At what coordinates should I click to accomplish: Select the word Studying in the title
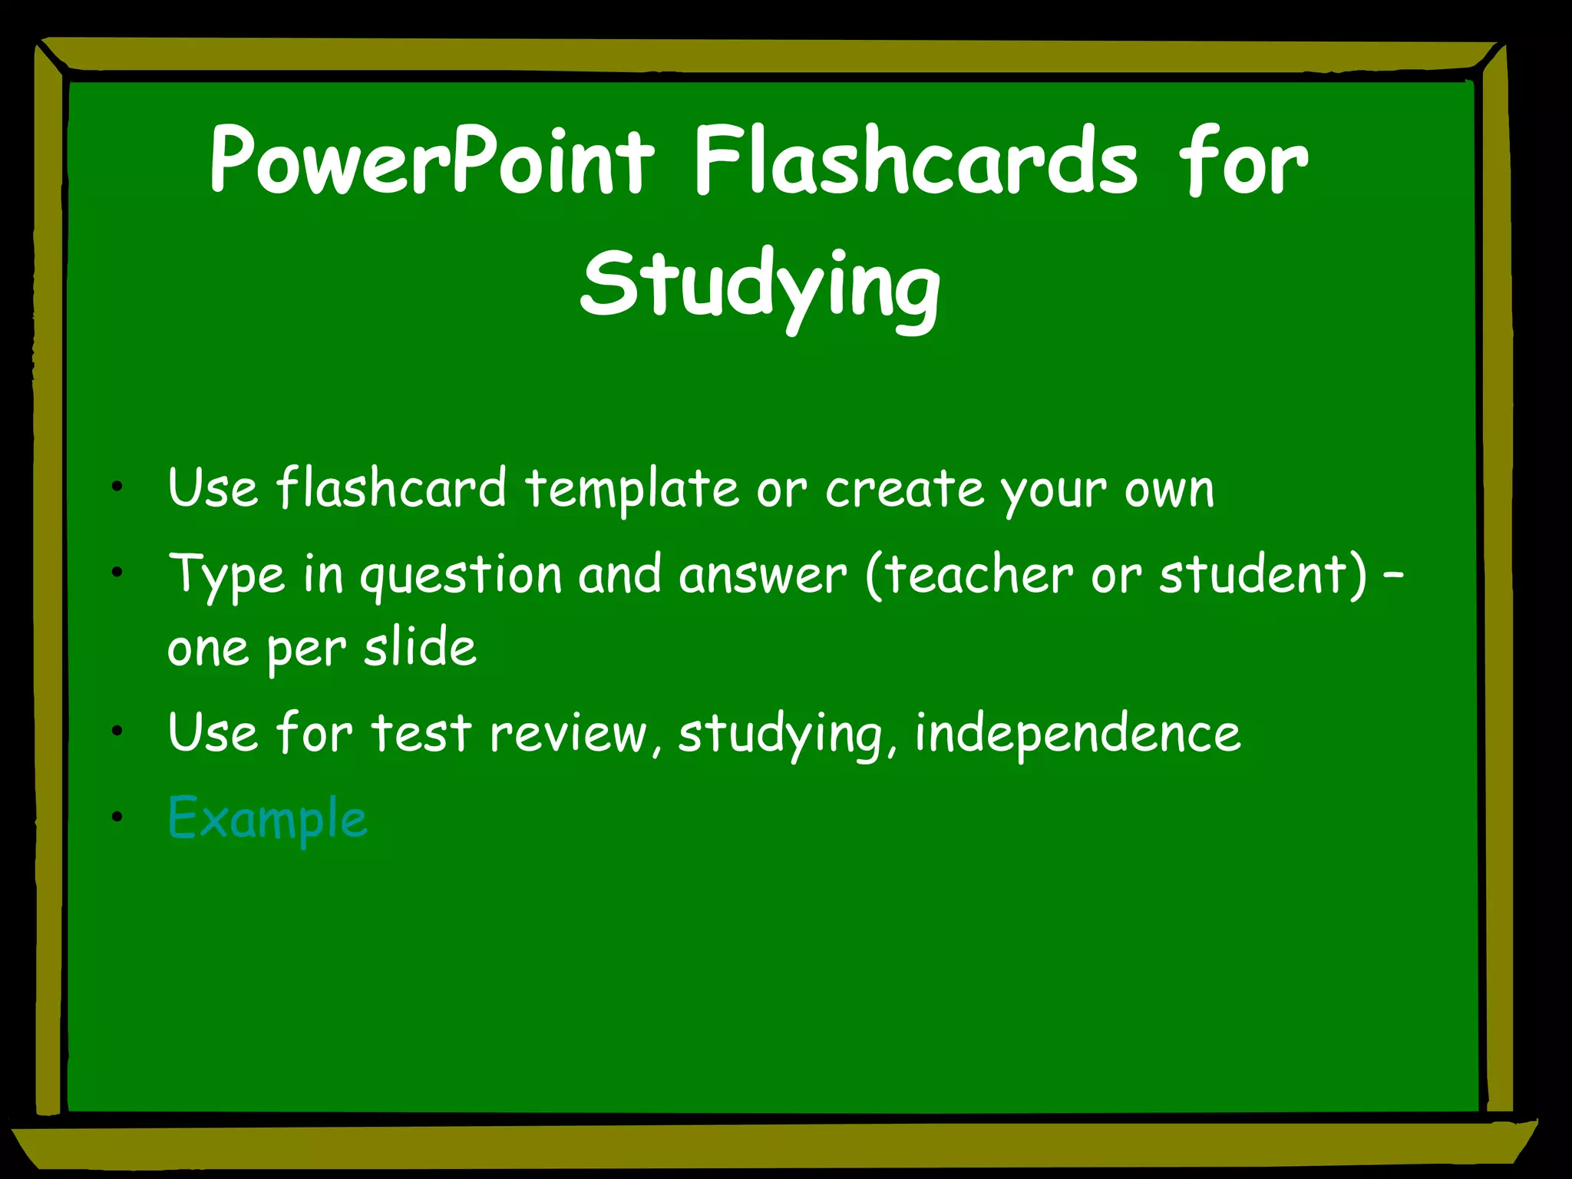pos(760,287)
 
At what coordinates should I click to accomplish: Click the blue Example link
pos(267,818)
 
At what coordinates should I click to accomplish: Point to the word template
pos(631,490)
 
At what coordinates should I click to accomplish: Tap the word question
pos(461,576)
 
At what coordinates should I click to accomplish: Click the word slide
pos(420,646)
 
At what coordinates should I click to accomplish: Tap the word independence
pos(1078,733)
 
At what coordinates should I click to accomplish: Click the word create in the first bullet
pos(904,490)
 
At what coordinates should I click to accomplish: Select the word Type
pos(226,576)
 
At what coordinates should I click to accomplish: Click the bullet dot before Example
pos(117,816)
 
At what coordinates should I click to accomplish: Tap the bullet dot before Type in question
pos(117,572)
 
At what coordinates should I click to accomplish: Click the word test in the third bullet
pos(421,733)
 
